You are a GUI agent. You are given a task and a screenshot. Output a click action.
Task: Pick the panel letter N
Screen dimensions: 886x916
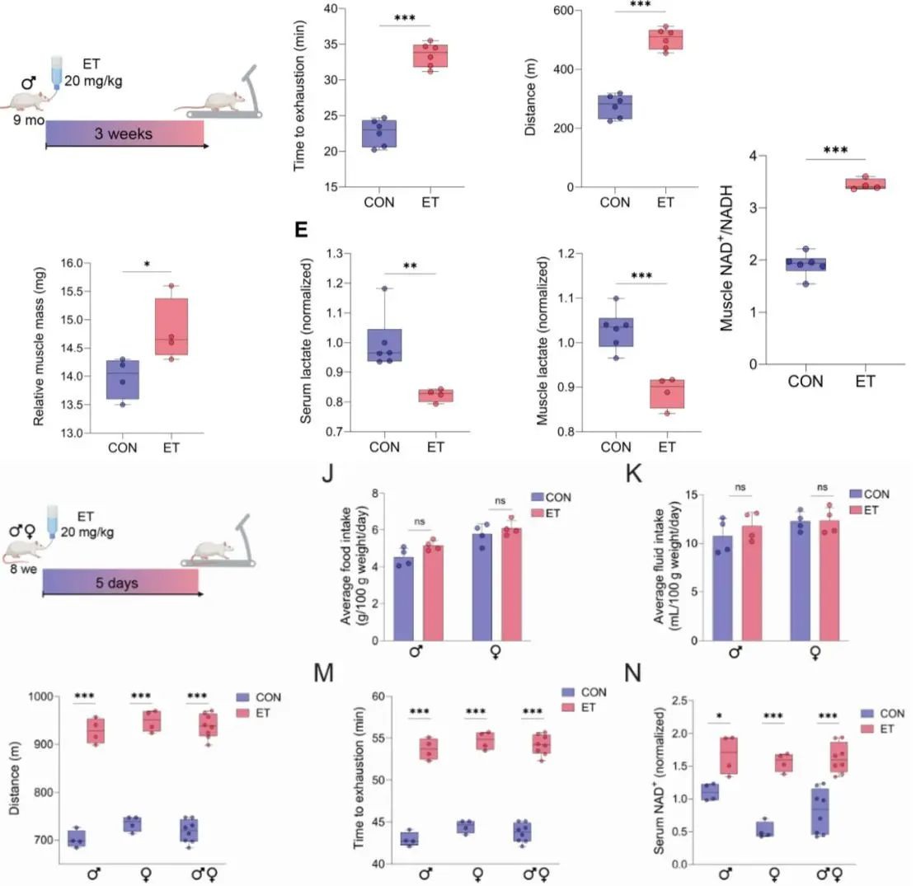(x=634, y=673)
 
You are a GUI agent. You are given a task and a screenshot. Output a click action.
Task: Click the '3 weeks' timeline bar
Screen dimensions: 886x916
(x=124, y=133)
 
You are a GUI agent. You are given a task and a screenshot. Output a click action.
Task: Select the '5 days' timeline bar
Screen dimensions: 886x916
(x=120, y=583)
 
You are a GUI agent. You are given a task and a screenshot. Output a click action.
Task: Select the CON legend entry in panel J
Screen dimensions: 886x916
(x=553, y=497)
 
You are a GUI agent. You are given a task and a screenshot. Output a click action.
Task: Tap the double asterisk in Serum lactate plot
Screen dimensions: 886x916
(x=410, y=266)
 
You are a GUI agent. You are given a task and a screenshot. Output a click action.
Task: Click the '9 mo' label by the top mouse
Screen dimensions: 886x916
(x=28, y=119)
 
